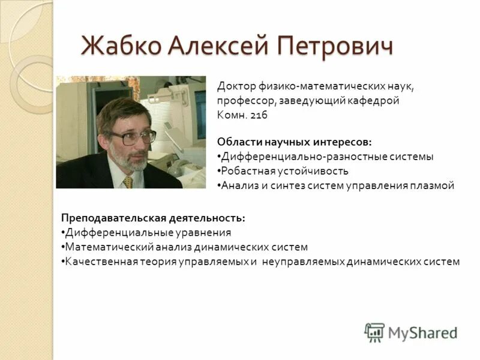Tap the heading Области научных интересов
pos(294,142)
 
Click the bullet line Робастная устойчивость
pos(278,171)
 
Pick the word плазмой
pos(433,185)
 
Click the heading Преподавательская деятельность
pos(153,218)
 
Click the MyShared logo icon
pos(374,332)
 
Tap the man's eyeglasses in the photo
pos(133,136)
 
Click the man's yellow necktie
pos(128,181)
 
